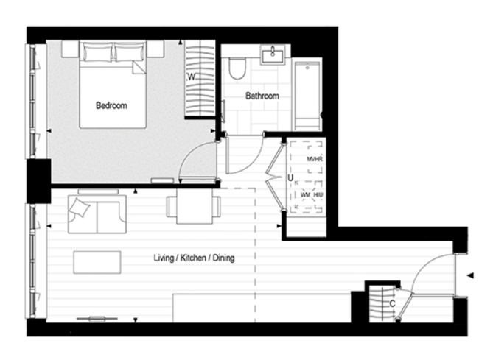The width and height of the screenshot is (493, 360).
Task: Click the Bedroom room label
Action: click(111, 105)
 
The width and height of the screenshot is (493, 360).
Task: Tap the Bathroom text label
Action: click(262, 96)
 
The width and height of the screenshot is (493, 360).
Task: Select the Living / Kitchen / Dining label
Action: click(194, 258)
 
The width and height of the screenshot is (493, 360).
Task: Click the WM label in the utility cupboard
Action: click(305, 194)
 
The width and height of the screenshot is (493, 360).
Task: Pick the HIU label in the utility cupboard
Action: click(318, 194)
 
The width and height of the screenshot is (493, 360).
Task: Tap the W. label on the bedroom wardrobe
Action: click(190, 77)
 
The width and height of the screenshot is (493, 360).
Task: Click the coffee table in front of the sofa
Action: click(97, 261)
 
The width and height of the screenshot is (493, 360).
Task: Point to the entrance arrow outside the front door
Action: click(469, 275)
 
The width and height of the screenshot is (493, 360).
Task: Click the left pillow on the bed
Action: click(97, 52)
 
